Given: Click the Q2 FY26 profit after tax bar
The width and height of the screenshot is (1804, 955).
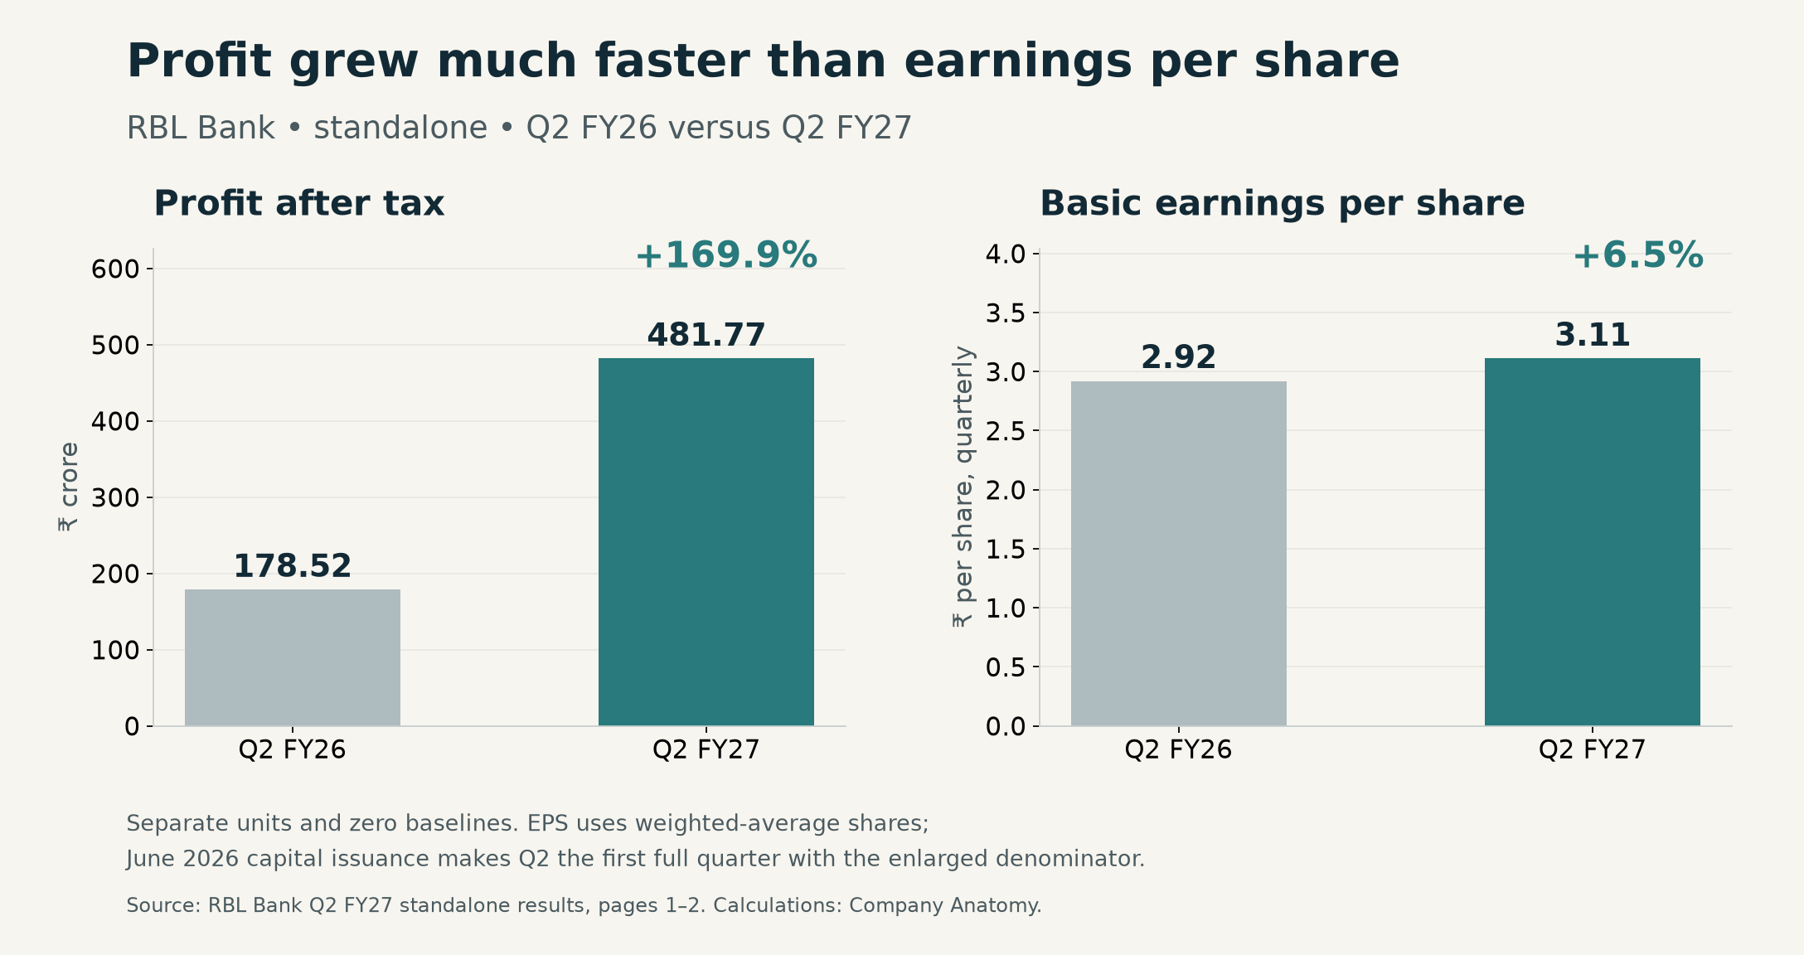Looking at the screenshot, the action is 293,657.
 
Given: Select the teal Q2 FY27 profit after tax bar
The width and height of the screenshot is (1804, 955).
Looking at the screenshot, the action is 706,542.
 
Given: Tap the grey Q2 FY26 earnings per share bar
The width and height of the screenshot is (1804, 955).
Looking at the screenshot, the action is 1178,554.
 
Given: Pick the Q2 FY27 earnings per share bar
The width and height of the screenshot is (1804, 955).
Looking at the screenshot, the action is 1592,542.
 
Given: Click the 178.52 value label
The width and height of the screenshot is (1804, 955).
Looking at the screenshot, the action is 293,566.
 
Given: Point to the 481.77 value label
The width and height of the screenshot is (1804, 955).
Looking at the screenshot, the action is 706,335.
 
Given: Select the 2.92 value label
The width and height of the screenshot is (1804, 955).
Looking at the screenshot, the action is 1178,357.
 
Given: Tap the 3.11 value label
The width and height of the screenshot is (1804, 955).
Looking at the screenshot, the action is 1592,335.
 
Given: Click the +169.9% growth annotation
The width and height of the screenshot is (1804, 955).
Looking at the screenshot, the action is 726,255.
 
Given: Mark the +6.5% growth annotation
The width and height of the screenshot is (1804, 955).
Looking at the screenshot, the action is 1637,255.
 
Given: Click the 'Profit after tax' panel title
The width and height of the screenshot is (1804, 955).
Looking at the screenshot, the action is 299,203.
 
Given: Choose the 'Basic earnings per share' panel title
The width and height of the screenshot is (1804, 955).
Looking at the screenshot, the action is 1283,203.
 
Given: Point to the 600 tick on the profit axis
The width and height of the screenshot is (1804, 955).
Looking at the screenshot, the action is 115,269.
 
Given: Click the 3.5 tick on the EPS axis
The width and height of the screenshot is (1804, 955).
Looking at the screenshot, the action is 1005,313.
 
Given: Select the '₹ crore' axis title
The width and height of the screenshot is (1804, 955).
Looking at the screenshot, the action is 68,487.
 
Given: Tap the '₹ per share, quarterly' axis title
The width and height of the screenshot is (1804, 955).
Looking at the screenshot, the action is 963,487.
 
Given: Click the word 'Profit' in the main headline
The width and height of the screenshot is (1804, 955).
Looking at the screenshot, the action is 199,61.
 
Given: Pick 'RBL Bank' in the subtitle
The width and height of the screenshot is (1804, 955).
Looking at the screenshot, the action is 201,128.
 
